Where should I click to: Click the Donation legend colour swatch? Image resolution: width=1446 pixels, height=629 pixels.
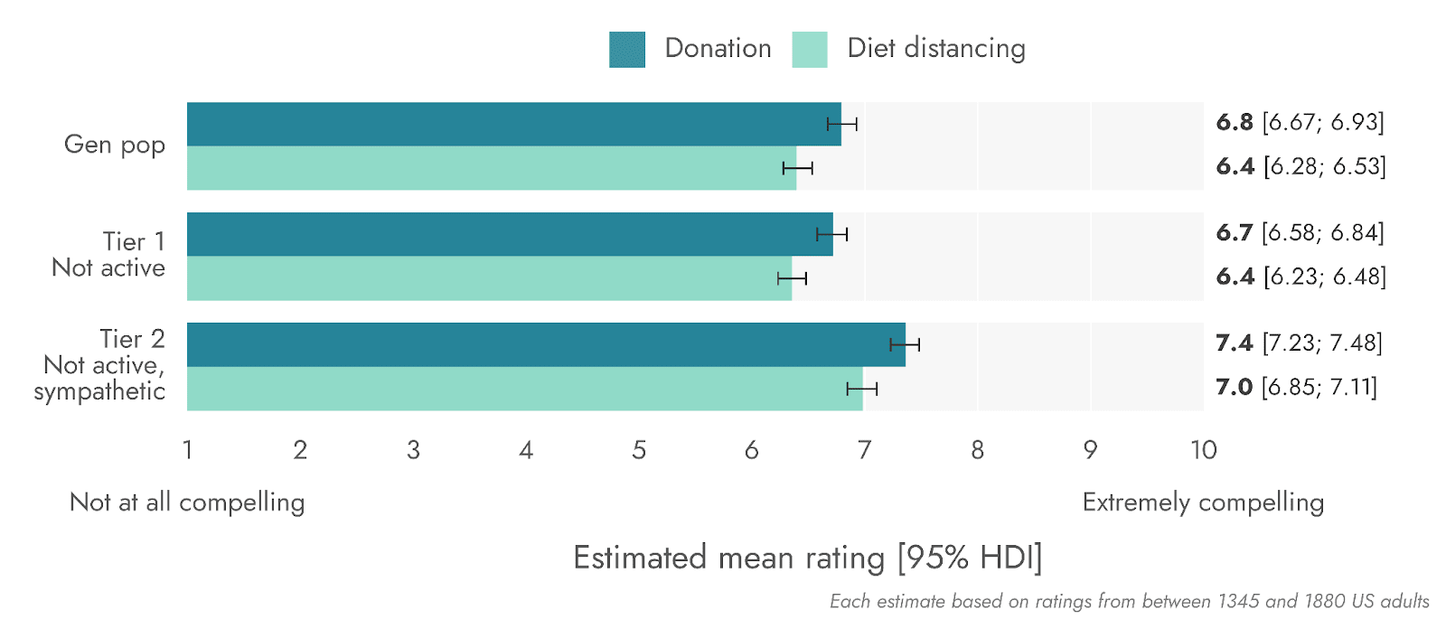click(627, 50)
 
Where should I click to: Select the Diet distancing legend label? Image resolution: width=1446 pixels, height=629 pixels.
click(935, 48)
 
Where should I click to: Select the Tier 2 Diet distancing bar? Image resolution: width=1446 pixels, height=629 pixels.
click(524, 389)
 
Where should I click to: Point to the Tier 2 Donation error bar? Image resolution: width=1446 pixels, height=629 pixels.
click(905, 344)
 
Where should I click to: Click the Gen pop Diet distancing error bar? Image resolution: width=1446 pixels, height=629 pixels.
click(798, 168)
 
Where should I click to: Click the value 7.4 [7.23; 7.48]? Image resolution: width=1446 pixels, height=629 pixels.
click(1299, 343)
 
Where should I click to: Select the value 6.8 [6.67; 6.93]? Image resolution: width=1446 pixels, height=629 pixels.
click(1300, 122)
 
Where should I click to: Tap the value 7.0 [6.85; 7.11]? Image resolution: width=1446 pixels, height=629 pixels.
click(1296, 388)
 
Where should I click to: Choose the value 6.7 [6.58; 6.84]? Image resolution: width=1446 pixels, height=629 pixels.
click(1300, 233)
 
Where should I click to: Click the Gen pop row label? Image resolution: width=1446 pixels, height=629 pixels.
click(115, 145)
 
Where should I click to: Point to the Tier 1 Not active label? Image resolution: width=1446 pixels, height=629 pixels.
click(109, 255)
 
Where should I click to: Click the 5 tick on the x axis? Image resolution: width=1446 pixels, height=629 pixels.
click(639, 450)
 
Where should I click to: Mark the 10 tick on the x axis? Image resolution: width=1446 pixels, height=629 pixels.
click(1203, 450)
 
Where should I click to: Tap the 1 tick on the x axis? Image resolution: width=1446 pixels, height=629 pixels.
click(188, 450)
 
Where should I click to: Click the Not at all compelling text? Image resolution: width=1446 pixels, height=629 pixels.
click(187, 502)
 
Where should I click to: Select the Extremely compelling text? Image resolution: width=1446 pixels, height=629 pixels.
click(1203, 502)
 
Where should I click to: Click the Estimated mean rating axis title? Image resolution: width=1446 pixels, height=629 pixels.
click(807, 558)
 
